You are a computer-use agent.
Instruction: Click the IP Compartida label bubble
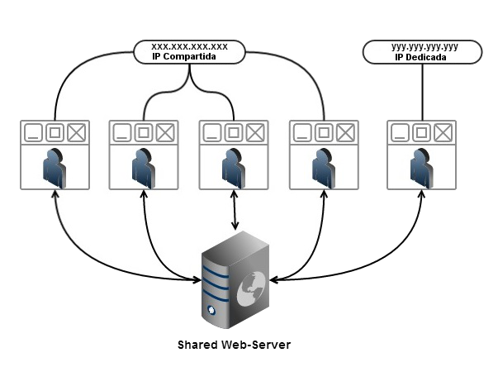(189, 52)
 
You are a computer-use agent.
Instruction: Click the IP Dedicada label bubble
(424, 54)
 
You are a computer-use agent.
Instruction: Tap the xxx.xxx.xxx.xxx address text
(189, 46)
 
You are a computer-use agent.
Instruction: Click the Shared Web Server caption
(235, 344)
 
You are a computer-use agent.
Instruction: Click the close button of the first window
(77, 132)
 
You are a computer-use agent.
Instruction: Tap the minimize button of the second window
(122, 132)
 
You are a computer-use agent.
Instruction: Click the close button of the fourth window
(345, 132)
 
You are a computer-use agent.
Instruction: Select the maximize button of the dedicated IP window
(422, 132)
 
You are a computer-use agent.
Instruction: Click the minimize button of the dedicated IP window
(401, 132)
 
